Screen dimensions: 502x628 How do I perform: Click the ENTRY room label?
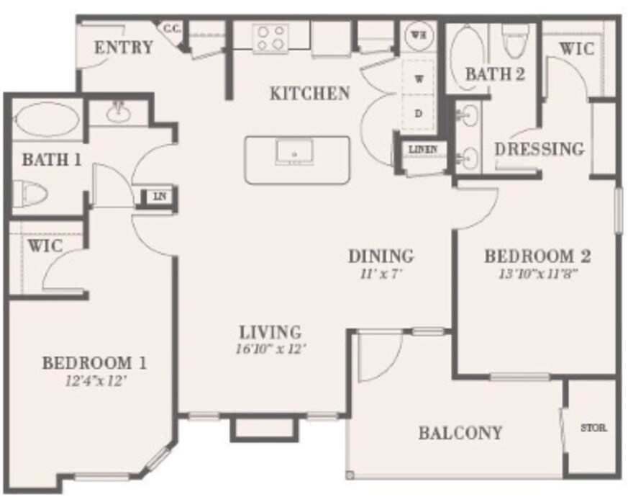(x=123, y=48)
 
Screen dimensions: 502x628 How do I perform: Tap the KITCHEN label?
(x=309, y=93)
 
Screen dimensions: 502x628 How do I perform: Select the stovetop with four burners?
(x=271, y=37)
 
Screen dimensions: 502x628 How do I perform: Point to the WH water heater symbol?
(x=417, y=33)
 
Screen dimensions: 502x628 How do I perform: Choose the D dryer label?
(x=417, y=113)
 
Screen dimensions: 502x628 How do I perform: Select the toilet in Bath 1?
(x=30, y=193)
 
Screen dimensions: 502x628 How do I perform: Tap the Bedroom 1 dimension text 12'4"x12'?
(x=96, y=382)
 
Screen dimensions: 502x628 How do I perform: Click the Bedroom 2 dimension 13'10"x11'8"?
(x=538, y=274)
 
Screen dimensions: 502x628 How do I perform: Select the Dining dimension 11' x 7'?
(x=381, y=274)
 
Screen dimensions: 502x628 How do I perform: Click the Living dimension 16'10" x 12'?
(x=270, y=351)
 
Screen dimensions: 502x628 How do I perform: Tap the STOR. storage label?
(x=593, y=428)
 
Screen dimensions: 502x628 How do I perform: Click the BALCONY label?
(x=460, y=433)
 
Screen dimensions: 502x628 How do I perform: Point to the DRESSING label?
(x=540, y=149)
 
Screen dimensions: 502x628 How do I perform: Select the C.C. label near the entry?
(x=170, y=29)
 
